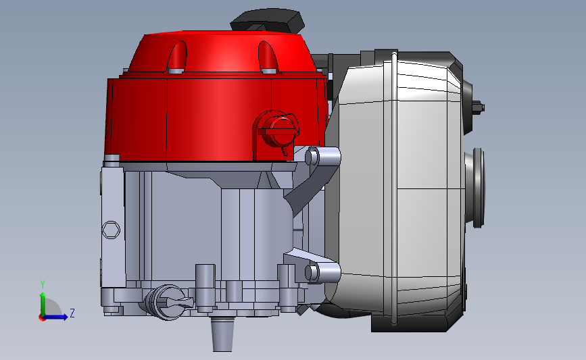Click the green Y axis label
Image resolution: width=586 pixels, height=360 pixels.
[42, 284]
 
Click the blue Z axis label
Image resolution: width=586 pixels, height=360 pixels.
[72, 313]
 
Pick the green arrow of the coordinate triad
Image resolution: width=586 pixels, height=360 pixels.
[43, 301]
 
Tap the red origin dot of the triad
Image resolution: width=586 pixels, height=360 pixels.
[43, 317]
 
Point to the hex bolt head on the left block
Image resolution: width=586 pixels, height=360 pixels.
[112, 230]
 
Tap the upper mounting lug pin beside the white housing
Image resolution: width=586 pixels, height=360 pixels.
[313, 157]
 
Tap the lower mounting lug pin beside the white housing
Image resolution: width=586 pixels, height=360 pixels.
[313, 273]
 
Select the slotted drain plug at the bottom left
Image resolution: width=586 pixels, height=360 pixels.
[166, 300]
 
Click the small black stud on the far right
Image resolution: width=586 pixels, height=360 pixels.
[481, 106]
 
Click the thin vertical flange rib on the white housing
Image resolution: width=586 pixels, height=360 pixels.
[390, 189]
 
